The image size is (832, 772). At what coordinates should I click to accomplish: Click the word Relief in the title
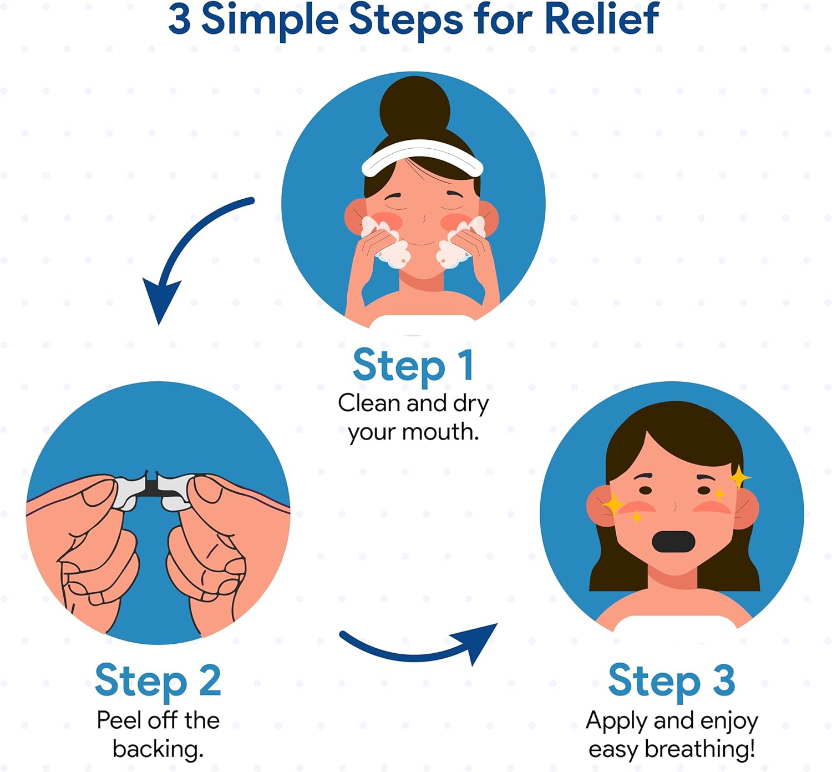click(602, 18)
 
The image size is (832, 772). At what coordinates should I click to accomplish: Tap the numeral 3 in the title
click(179, 19)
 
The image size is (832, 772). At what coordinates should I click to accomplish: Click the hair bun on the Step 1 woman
click(415, 110)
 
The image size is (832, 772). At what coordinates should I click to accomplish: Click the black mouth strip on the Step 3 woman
click(673, 542)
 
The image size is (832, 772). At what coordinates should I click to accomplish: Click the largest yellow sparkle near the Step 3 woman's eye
click(739, 477)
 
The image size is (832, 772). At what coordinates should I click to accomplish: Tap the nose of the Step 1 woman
click(423, 219)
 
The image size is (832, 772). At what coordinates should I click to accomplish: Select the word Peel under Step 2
click(118, 720)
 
